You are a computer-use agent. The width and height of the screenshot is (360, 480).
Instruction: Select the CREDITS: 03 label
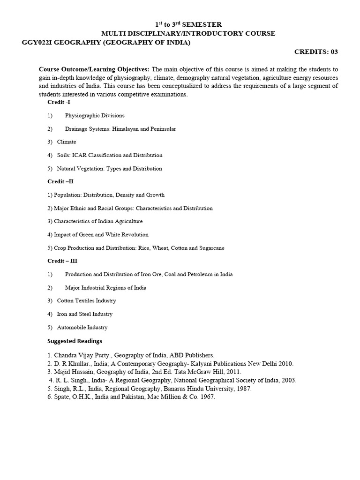coord(315,52)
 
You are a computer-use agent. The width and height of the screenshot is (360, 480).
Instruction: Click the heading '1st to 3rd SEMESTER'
coord(188,24)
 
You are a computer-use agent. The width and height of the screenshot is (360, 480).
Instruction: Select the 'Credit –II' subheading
coord(60,181)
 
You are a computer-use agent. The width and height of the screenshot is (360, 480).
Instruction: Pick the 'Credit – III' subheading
coord(62,261)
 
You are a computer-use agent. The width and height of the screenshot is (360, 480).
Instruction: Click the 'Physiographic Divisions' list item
coord(95,115)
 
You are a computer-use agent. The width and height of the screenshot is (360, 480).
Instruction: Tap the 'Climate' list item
coord(67,142)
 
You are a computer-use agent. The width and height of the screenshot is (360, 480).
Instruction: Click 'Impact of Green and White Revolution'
coord(101,234)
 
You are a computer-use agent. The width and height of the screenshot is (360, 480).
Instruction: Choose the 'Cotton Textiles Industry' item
coord(86,300)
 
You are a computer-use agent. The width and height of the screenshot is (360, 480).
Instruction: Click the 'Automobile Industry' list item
coord(82,327)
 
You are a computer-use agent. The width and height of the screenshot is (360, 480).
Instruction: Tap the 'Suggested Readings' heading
coord(75,341)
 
